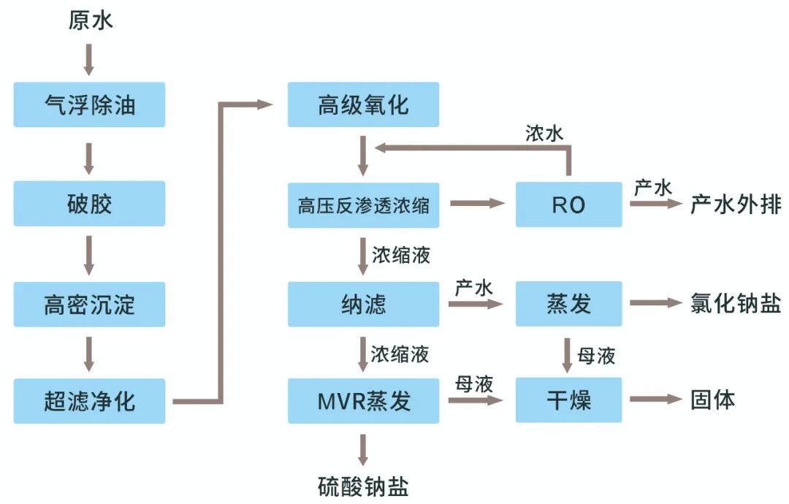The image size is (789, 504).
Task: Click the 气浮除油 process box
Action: pyautogui.click(x=89, y=104)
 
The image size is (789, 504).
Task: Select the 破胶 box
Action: pyautogui.click(x=89, y=204)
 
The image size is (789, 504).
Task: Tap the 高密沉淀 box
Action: pyautogui.click(x=89, y=303)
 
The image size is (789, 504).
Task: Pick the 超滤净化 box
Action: pyautogui.click(x=89, y=401)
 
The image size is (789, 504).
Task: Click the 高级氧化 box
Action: pyautogui.click(x=363, y=104)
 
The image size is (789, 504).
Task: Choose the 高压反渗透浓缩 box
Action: pyautogui.click(x=363, y=205)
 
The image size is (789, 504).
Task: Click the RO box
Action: pyautogui.click(x=568, y=205)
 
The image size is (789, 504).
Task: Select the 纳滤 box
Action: pyautogui.click(x=363, y=303)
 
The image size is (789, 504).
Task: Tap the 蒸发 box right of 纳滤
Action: pyautogui.click(x=568, y=303)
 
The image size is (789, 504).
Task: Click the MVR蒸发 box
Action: pyautogui.click(x=363, y=400)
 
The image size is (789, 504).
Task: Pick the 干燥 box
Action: pyautogui.click(x=568, y=400)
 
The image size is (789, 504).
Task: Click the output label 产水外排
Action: pyautogui.click(x=735, y=205)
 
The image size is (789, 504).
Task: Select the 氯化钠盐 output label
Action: pyautogui.click(x=735, y=303)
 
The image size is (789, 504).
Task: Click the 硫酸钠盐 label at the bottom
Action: pyautogui.click(x=363, y=486)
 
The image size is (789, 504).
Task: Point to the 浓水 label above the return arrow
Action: pyautogui.click(x=544, y=134)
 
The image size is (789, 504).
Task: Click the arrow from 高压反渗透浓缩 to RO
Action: pyautogui.click(x=477, y=204)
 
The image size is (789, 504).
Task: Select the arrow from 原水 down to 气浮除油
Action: pyautogui.click(x=89, y=58)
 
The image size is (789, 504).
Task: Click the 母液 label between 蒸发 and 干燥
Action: pyautogui.click(x=596, y=356)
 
